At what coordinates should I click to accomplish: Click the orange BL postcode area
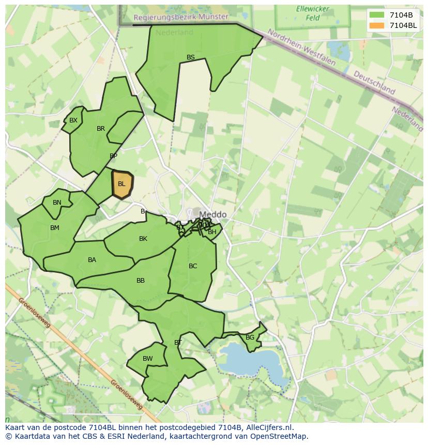pos(122,185)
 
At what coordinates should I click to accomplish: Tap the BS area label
pos(191,57)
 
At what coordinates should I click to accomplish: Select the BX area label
pos(73,120)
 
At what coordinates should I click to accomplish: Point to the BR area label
pos(101,129)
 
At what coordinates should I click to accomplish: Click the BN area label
pos(57,203)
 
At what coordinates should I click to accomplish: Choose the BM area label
pos(55,228)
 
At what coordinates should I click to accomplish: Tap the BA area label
pos(92,260)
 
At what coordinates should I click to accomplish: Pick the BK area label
pos(143,239)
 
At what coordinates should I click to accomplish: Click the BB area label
pos(141,281)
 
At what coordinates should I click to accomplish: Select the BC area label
pos(193,266)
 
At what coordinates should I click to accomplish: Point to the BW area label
pos(148,359)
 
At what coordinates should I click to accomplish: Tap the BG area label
pos(250,337)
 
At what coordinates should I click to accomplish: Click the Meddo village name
pos(212,214)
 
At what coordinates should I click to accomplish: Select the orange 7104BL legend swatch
pos(377,25)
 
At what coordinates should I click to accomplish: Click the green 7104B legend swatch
pos(377,15)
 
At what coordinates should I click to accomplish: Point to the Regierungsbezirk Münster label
pos(181,17)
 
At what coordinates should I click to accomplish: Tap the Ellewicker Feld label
pos(309,13)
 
